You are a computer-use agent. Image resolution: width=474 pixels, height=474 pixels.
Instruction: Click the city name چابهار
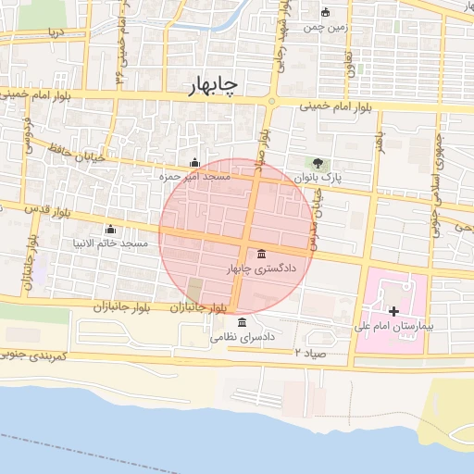[x=206, y=84]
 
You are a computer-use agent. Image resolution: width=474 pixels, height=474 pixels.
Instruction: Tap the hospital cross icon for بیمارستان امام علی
[x=394, y=311]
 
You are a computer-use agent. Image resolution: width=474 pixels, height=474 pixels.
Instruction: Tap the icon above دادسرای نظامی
[x=243, y=322]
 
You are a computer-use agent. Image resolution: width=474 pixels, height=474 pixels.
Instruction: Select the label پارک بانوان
[x=318, y=177]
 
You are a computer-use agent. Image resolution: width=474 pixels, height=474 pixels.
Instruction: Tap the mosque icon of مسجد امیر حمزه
[x=193, y=162]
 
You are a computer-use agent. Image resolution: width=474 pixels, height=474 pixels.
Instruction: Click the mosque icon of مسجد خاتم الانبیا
[x=111, y=229]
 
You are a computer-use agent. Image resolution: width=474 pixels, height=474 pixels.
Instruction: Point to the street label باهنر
[x=379, y=141]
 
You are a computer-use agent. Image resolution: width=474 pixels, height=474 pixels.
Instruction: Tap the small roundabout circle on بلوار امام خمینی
[x=271, y=101]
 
